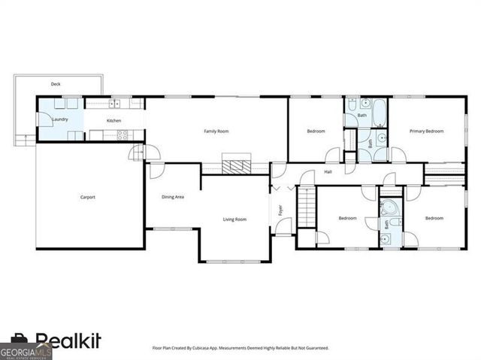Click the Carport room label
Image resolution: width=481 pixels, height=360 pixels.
click(88, 198)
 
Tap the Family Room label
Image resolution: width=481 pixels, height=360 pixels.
click(216, 132)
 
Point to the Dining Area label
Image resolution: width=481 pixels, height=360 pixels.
click(174, 198)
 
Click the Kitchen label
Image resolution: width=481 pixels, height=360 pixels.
click(113, 121)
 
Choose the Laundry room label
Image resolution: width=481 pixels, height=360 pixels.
click(60, 119)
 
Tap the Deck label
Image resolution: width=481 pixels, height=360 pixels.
click(55, 84)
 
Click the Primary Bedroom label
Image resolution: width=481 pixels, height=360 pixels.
click(426, 132)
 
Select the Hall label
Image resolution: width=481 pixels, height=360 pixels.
click(328, 172)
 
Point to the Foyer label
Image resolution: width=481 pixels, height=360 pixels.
click(280, 210)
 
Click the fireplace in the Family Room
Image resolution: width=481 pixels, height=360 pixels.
click(237, 165)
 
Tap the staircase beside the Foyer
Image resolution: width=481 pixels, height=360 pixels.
click(306, 207)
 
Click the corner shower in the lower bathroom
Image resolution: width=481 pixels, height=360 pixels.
click(390, 209)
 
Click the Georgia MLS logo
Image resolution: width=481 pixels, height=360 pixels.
click(26, 351)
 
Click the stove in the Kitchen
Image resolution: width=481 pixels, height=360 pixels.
click(122, 135)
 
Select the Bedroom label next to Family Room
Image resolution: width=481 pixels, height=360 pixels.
click(316, 132)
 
